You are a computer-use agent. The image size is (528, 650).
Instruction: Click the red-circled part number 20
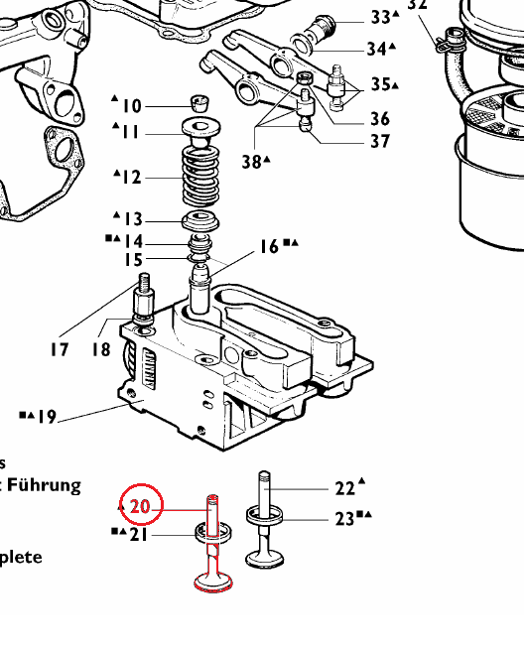click(x=140, y=506)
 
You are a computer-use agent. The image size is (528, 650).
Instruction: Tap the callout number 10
click(x=132, y=106)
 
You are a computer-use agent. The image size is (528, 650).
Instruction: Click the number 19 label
click(x=46, y=417)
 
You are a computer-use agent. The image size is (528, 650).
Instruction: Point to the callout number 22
click(x=344, y=487)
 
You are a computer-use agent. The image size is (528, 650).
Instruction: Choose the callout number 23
click(x=344, y=517)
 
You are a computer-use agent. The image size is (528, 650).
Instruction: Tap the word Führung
click(x=44, y=485)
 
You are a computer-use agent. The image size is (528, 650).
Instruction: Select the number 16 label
click(x=269, y=247)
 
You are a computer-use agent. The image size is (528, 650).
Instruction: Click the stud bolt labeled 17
click(x=143, y=294)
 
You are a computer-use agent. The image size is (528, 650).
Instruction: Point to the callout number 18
click(x=101, y=349)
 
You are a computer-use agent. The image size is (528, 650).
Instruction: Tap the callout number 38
click(x=251, y=160)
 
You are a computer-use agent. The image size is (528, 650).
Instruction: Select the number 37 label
click(x=380, y=142)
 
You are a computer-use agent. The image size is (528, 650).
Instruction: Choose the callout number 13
click(x=133, y=219)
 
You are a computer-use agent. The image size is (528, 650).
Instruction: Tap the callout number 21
click(x=138, y=536)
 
